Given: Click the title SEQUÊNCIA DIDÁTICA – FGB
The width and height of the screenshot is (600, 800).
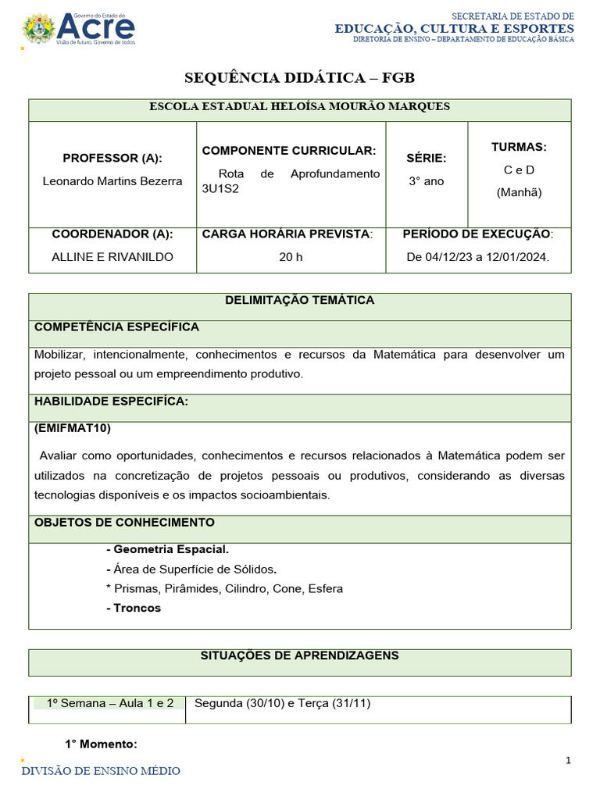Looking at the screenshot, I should tap(299, 77).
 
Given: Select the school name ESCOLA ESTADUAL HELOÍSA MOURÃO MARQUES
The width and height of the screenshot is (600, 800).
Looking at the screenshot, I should tap(299, 106).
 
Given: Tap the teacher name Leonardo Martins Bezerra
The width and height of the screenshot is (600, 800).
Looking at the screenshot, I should tap(112, 181).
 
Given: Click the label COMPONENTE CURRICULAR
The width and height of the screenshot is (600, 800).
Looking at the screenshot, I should tap(289, 150).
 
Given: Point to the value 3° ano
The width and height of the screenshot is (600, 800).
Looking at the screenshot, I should tap(427, 181).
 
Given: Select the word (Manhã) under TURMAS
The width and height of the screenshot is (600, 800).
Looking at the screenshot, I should tap(519, 192).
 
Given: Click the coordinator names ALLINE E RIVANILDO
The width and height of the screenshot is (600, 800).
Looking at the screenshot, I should tap(112, 257).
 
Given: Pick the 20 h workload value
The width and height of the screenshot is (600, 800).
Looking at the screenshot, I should tap(291, 257).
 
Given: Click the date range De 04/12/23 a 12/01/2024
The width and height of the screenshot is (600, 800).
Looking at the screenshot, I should tap(478, 257).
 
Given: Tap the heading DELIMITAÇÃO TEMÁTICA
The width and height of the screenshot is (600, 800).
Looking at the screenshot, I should tap(299, 300).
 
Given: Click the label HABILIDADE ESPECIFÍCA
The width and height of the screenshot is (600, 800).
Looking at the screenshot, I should tap(111, 401).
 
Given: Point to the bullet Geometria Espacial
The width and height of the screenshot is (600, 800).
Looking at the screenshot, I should tap(167, 549).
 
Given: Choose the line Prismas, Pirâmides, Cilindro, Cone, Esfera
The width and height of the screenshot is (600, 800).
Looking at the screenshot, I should tap(224, 588).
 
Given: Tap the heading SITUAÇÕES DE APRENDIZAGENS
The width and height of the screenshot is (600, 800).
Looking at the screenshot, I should tap(299, 655).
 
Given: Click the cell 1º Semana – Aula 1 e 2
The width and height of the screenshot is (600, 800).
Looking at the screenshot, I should tap(110, 703).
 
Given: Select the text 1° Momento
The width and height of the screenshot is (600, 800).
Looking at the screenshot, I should tap(101, 744).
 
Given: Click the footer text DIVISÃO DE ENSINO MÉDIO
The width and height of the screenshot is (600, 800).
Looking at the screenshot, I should tap(100, 771).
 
